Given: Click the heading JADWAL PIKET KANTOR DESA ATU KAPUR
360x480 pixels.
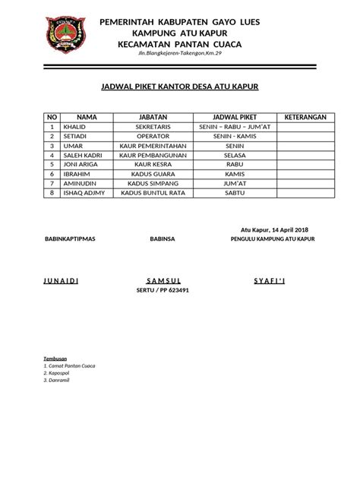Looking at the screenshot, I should click(180, 87).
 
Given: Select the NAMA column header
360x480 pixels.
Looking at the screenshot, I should click(87, 117).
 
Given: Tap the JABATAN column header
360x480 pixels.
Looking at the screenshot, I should click(153, 117).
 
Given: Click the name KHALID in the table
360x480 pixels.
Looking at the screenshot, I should click(74, 126).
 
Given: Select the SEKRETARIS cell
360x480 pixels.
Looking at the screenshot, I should click(153, 126).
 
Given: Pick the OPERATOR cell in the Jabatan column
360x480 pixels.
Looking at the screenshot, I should click(153, 136).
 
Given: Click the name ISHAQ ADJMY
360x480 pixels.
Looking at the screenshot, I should click(83, 194).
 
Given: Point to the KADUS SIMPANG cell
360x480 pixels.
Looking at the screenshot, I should click(153, 184).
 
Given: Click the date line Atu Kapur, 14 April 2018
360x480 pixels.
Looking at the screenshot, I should click(274, 229).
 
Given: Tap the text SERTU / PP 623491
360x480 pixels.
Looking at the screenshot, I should click(162, 290).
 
